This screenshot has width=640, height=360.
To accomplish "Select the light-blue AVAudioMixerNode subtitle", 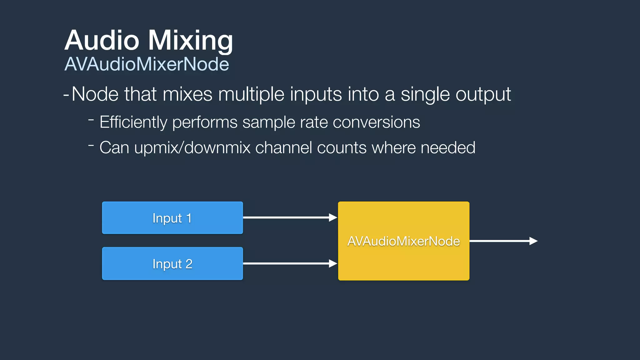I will (x=147, y=64).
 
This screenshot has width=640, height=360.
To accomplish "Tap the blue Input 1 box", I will (x=172, y=218).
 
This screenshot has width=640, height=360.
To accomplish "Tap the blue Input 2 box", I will (x=172, y=263).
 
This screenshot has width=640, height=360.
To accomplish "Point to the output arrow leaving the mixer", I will (x=503, y=241).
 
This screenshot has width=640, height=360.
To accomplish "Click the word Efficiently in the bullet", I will (x=133, y=122).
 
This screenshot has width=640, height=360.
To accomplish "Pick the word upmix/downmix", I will (x=192, y=148).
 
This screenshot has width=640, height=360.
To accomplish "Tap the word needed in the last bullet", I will (x=448, y=148).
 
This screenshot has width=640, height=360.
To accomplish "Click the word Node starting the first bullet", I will (x=95, y=94).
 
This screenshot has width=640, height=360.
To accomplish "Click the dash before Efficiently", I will (x=91, y=119).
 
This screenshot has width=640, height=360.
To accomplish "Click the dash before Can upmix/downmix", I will (x=91, y=145).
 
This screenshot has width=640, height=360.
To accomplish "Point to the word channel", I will (x=283, y=148).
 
